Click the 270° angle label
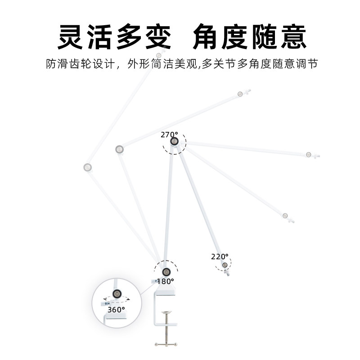(169, 134)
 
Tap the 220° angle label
(220, 257)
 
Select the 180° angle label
(165, 281)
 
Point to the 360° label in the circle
(116, 310)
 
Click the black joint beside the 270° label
(175, 142)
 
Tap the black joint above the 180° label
(166, 271)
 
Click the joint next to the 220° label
(224, 265)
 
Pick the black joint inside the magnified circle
(117, 293)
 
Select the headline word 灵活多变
(115, 37)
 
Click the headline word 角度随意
(250, 37)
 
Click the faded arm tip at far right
(309, 155)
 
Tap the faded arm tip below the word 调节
(285, 216)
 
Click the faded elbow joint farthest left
(88, 167)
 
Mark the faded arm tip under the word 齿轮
(158, 55)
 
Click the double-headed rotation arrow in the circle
(116, 299)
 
